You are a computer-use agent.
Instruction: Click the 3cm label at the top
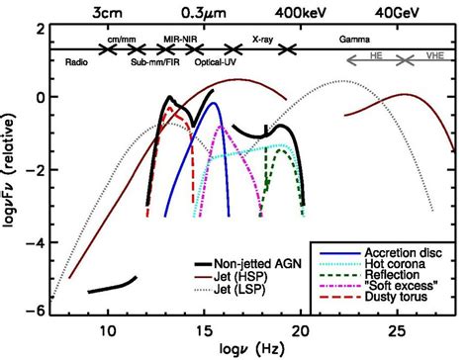[107, 13]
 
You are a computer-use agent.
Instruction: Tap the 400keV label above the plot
[301, 13]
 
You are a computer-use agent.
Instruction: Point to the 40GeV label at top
[397, 13]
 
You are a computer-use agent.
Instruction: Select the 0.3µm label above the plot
[204, 13]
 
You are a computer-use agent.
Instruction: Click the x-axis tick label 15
[204, 331]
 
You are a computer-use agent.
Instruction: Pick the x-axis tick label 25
[397, 331]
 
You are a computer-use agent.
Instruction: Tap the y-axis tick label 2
[41, 31]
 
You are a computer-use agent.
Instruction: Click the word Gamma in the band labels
[354, 40]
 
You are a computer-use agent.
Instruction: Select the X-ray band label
[262, 40]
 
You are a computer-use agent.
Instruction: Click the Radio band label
[76, 62]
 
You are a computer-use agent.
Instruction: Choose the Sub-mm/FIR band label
[155, 62]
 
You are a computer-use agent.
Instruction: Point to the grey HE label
[376, 55]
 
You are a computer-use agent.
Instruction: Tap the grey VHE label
[434, 55]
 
